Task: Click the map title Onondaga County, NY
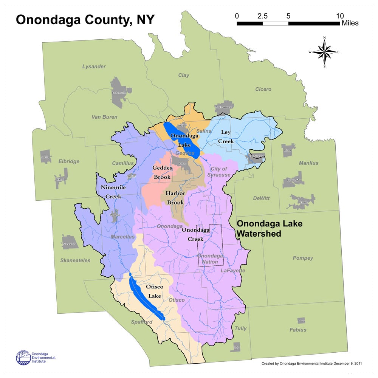pyautogui.click(x=85, y=20)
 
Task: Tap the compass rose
pyautogui.click(x=324, y=52)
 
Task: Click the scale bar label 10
pyautogui.click(x=339, y=16)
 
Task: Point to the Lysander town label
pyautogui.click(x=94, y=67)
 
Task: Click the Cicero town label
pyautogui.click(x=263, y=89)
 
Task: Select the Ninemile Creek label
pyautogui.click(x=113, y=192)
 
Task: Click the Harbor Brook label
pyautogui.click(x=176, y=198)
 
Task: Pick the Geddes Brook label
pyautogui.click(x=162, y=172)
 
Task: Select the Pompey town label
pyautogui.click(x=303, y=258)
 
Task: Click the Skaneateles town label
pyautogui.click(x=75, y=260)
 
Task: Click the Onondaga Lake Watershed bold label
pyautogui.click(x=269, y=229)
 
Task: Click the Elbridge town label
pyautogui.click(x=69, y=161)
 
